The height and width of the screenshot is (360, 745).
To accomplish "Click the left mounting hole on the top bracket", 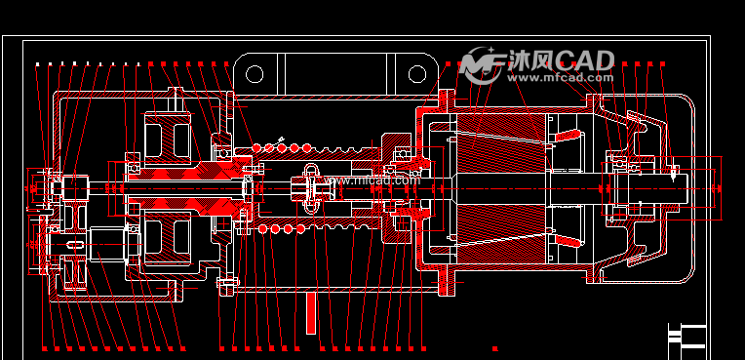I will [x=255, y=74].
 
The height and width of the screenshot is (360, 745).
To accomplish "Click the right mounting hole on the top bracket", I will [x=417, y=74].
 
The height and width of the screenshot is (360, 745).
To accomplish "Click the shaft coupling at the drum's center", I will [x=312, y=183].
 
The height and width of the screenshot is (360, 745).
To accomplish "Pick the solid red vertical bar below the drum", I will [x=311, y=313].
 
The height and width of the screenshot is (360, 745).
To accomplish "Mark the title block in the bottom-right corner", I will [x=686, y=336].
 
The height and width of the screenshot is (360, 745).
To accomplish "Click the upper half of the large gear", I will [x=167, y=136].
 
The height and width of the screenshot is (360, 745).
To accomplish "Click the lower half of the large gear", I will [x=167, y=238].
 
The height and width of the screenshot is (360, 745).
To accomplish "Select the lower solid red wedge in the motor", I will [x=567, y=240].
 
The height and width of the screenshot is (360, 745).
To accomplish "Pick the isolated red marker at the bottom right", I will [x=495, y=348].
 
